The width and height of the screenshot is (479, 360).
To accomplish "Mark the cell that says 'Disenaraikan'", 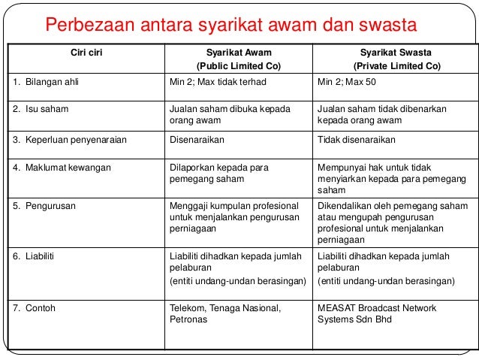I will pos(197,140).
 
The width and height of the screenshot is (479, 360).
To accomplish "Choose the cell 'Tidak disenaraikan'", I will pos(357,140).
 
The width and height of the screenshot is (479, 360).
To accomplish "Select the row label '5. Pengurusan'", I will pos(44,204).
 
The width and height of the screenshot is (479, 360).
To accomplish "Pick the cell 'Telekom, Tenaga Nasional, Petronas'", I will pos(225,313).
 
